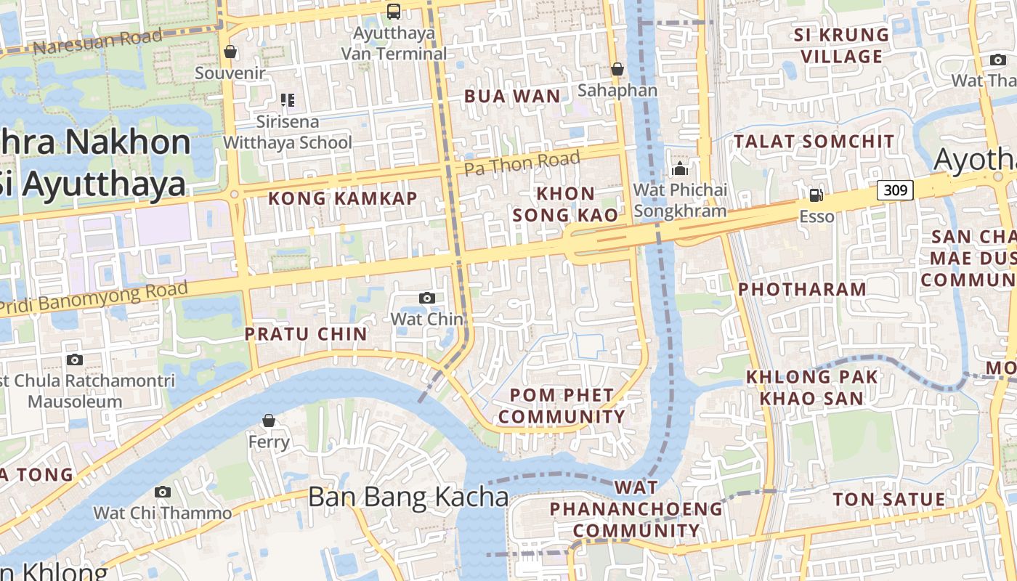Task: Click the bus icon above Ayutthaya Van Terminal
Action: click(x=394, y=11)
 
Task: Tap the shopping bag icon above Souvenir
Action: click(x=230, y=52)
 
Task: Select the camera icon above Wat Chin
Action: click(x=427, y=298)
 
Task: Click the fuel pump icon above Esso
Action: click(x=817, y=195)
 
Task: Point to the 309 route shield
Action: click(x=895, y=190)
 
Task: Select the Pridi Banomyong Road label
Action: click(x=94, y=298)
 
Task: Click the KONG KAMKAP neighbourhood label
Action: click(x=343, y=198)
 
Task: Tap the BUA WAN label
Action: click(x=512, y=96)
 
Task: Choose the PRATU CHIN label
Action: click(x=306, y=334)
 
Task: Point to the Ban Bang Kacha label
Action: click(x=408, y=497)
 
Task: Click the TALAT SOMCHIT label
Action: click(x=814, y=142)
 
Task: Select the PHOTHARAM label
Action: click(x=802, y=289)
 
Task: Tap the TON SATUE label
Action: click(x=888, y=500)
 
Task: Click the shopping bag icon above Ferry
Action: click(x=269, y=420)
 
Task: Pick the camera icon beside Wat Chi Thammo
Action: click(x=163, y=492)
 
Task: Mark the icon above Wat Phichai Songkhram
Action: click(x=680, y=169)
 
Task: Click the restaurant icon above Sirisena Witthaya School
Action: click(x=287, y=100)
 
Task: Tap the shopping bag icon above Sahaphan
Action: click(x=617, y=69)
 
